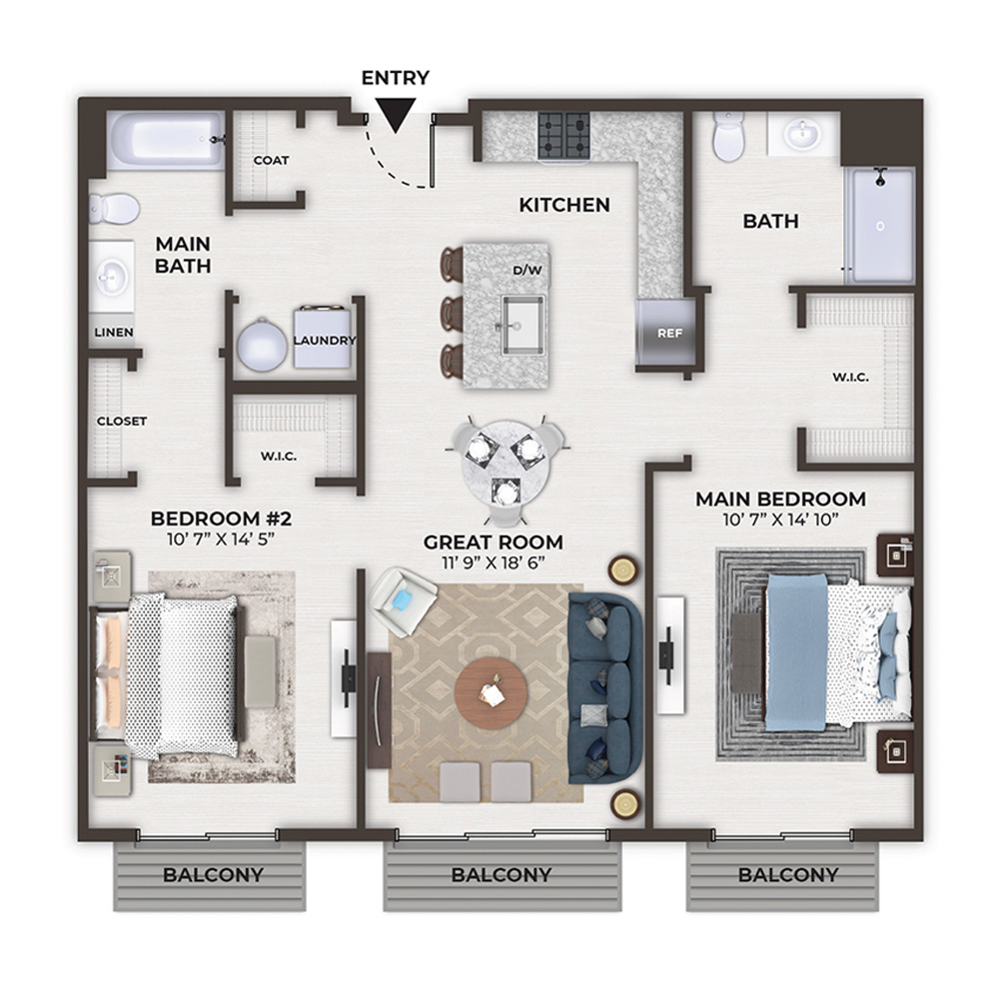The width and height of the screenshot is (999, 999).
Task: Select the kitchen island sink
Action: (x=523, y=325)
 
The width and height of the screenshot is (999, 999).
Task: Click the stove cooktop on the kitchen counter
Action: (x=563, y=136)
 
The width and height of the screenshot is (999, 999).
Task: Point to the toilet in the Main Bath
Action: (x=115, y=209)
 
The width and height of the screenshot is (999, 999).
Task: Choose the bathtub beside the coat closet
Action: (x=166, y=140)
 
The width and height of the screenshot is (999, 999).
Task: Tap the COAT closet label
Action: (x=272, y=161)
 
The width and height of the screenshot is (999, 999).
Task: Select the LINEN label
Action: (x=114, y=332)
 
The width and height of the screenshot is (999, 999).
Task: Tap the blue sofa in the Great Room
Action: (x=605, y=688)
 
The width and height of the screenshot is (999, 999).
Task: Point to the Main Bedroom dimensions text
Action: (x=780, y=519)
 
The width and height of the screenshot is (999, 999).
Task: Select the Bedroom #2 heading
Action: (x=221, y=518)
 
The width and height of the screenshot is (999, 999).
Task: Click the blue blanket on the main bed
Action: (x=796, y=652)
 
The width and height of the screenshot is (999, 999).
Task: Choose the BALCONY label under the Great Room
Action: (x=501, y=875)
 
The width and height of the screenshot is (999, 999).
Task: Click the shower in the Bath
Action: (x=880, y=225)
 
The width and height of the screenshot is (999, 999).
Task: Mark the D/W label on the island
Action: (x=527, y=270)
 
